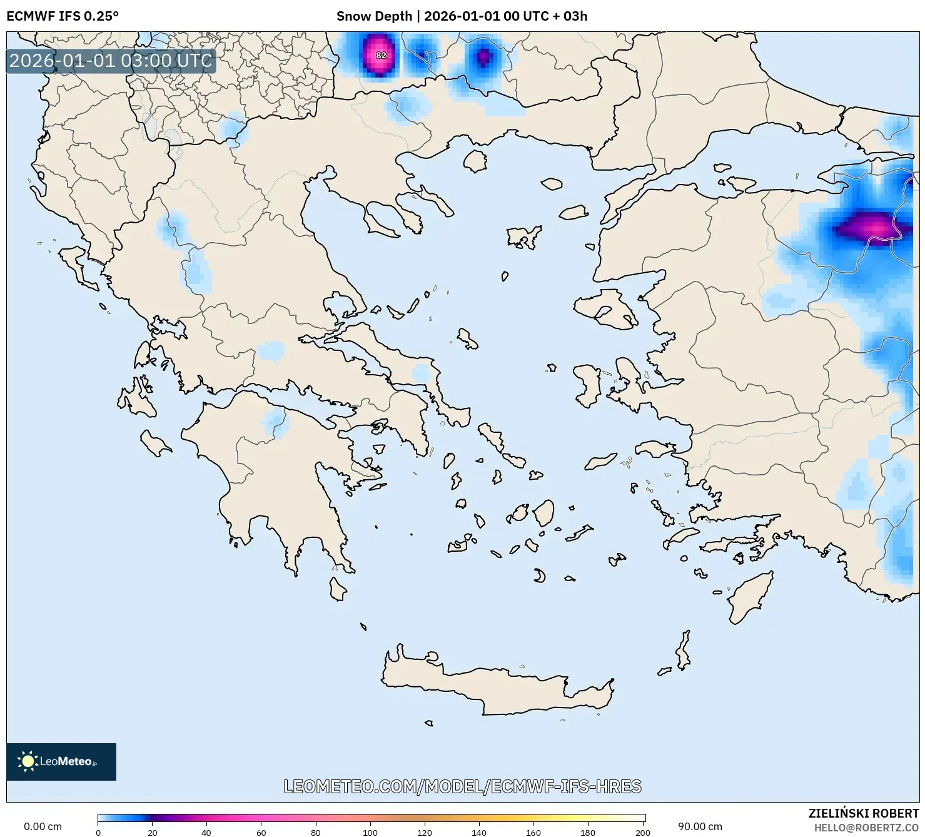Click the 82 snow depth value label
[x=381, y=55]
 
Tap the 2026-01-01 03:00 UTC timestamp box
[x=111, y=61]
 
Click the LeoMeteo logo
[x=61, y=761]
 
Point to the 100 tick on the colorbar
[x=370, y=832]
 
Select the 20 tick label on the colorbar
[x=152, y=832]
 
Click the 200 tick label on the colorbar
[x=642, y=832]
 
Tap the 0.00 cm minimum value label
[x=43, y=826]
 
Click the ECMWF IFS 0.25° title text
[x=63, y=16]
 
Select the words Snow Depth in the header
[x=374, y=16]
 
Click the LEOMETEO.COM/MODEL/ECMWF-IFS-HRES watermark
[x=462, y=786]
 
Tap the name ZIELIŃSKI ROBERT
[x=863, y=813]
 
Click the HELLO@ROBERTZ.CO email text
[x=866, y=827]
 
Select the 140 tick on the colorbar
[x=479, y=832]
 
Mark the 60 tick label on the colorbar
[x=261, y=832]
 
